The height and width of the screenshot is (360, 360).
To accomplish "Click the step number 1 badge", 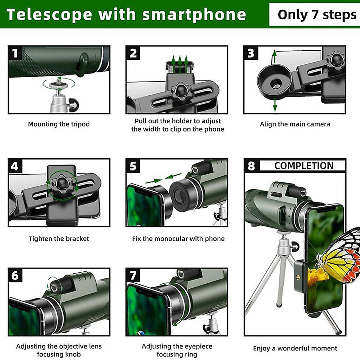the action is tap(15, 53).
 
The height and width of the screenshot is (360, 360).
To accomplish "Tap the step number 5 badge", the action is tap(133, 166).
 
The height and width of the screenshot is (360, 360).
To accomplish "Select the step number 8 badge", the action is tap(251, 166).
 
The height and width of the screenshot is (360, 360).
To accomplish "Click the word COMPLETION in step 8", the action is tap(304, 166).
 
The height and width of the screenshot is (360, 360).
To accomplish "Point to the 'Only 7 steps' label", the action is tap(317, 15).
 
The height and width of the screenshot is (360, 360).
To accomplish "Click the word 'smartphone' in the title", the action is tap(194, 15).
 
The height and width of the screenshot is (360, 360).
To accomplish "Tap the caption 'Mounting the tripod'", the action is tap(59, 124).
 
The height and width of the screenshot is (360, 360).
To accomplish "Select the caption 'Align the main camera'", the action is tap(295, 124).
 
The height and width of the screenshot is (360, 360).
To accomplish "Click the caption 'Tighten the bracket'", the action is tap(59, 239).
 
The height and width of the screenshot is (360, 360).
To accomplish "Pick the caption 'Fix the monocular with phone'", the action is tap(178, 239).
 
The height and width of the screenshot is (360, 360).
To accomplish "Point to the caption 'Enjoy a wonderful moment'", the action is tap(295, 348).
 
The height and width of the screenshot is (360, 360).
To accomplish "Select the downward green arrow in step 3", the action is tap(275, 105).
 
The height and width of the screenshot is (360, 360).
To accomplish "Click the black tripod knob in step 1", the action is tap(74, 105).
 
